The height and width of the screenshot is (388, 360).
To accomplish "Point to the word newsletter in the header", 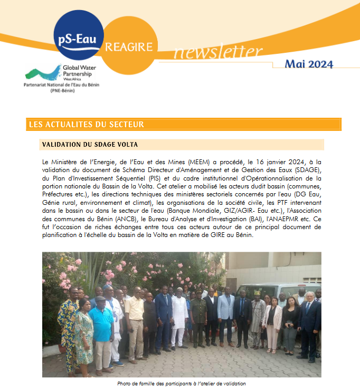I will pyautogui.click(x=217, y=52).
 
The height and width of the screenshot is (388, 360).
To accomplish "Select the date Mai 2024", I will pyautogui.click(x=309, y=64).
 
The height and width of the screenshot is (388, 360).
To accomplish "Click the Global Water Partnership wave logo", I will pyautogui.click(x=43, y=72).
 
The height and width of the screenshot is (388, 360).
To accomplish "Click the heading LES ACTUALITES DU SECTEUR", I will pyautogui.click(x=86, y=125).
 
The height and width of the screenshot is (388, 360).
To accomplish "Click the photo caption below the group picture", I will pyautogui.click(x=181, y=383).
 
